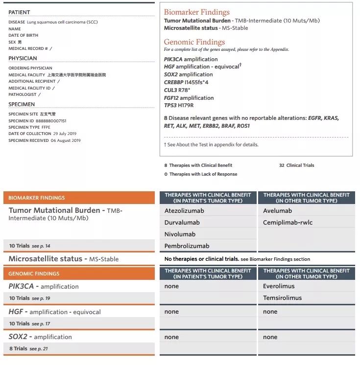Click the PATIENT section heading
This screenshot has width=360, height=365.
[19, 12]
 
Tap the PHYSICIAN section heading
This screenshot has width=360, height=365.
[23, 58]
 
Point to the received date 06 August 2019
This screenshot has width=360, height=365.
[66, 140]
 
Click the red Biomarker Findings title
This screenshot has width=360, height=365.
[196, 12]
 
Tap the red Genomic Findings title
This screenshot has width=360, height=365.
[194, 42]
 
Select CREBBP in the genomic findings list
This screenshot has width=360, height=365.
[174, 82]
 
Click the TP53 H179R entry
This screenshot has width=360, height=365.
[179, 105]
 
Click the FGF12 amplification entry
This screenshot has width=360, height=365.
[189, 98]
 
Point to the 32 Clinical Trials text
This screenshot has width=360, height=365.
[297, 165]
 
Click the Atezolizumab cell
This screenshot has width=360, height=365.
[184, 211]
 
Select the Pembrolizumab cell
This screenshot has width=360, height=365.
[187, 246]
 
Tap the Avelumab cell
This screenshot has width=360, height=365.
[277, 211]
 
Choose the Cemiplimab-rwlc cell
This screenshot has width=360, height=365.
[288, 223]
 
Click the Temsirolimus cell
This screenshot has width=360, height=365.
[282, 298]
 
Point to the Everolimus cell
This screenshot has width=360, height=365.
[278, 286]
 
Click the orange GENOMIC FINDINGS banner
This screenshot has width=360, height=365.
[34, 274]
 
